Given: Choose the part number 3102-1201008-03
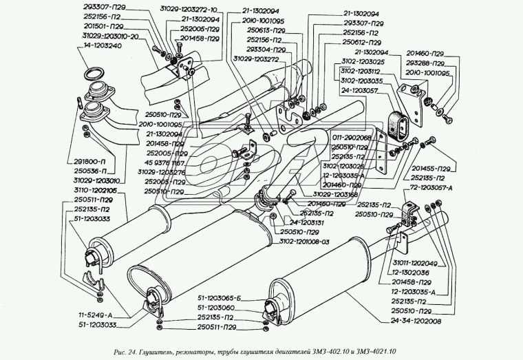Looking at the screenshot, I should [306, 242].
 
